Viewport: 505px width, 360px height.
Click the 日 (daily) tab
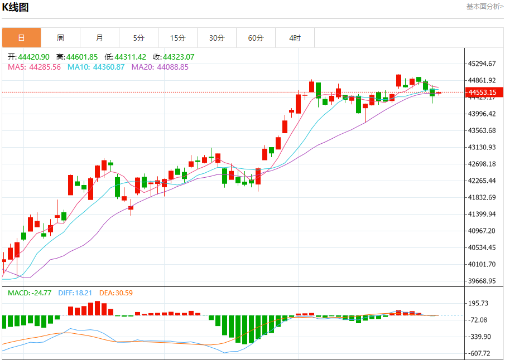pos(21,38)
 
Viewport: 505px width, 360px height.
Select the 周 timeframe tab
pos(60,38)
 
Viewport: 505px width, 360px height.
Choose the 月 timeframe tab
pos(99,38)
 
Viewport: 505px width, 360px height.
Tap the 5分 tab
pos(138,38)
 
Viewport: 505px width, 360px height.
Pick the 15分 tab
pos(177,38)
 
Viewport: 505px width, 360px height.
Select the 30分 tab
pos(217,38)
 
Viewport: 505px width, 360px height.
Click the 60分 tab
pos(256,38)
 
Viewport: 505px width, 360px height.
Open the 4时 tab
pos(295,38)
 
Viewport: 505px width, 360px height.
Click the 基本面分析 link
pos(484,7)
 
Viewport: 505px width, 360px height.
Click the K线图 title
pos(16,7)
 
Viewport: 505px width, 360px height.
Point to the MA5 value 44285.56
pos(45,67)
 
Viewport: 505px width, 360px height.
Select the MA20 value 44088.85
pos(172,67)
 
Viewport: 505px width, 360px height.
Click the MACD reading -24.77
pos(42,293)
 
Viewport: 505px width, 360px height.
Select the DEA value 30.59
pos(123,293)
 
